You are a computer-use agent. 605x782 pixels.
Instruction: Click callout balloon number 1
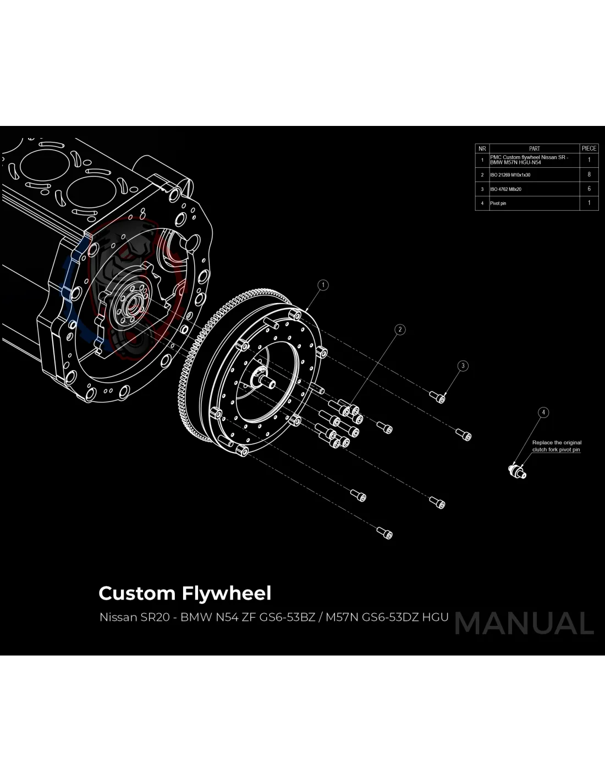pyautogui.click(x=323, y=285)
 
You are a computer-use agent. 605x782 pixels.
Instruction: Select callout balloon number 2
pyautogui.click(x=400, y=329)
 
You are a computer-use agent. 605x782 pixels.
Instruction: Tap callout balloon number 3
pyautogui.click(x=463, y=366)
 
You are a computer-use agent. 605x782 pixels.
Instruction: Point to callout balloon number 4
pyautogui.click(x=543, y=412)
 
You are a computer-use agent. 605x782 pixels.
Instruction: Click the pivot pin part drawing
pyautogui.click(x=518, y=471)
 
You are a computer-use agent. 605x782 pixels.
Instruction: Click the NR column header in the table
pyautogui.click(x=482, y=148)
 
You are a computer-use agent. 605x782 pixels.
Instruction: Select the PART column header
pyautogui.click(x=534, y=148)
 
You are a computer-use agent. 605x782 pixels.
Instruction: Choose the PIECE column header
pyautogui.click(x=589, y=148)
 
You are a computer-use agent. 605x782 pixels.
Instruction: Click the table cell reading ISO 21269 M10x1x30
pyautogui.click(x=510, y=175)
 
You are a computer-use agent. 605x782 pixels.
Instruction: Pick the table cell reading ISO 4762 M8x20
pyautogui.click(x=506, y=189)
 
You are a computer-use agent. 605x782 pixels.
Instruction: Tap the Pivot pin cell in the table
pyautogui.click(x=498, y=203)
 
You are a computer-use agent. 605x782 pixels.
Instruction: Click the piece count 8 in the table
pyautogui.click(x=589, y=174)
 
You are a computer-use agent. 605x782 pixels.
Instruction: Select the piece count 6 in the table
pyautogui.click(x=589, y=189)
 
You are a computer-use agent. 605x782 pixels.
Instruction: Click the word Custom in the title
pyautogui.click(x=137, y=593)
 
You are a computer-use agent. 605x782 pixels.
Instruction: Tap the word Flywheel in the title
pyautogui.click(x=227, y=593)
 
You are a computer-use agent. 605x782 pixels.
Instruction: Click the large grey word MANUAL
pyautogui.click(x=524, y=623)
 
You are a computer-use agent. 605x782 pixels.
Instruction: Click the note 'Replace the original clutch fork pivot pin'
pyautogui.click(x=557, y=446)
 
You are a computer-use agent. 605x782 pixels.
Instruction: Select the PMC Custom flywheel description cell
pyautogui.click(x=529, y=159)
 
